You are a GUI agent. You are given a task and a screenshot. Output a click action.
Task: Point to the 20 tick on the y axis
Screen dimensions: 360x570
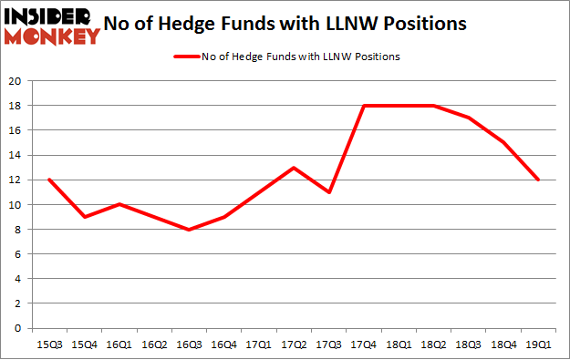click(16, 81)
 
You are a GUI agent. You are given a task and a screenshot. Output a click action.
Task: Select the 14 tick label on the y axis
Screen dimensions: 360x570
click(16, 155)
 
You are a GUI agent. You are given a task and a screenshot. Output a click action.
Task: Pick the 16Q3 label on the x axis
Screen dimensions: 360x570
click(190, 345)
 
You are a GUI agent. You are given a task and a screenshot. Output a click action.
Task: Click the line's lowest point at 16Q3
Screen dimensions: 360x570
click(189, 230)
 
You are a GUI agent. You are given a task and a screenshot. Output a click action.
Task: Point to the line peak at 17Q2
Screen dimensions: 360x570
click(294, 168)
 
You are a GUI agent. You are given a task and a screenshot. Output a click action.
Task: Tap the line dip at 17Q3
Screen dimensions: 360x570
click(329, 192)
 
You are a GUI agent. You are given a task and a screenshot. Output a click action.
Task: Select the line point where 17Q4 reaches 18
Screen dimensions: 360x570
click(365, 106)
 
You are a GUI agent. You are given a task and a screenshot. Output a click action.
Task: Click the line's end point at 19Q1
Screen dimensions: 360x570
click(539, 180)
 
